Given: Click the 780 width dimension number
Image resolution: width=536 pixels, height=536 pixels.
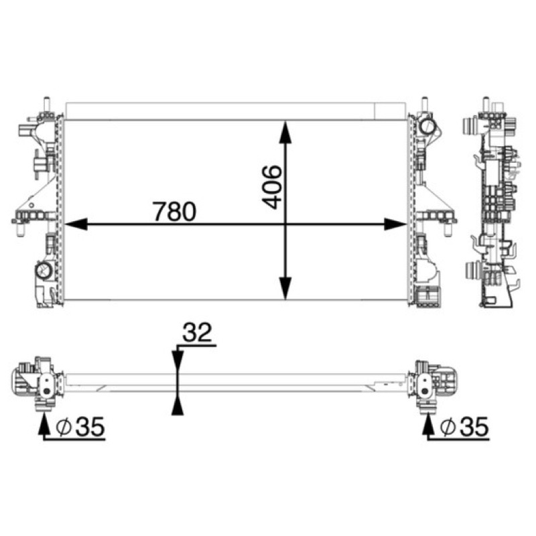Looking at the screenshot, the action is coord(174,212).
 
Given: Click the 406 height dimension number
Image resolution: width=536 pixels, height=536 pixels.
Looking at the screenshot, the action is coord(272,187).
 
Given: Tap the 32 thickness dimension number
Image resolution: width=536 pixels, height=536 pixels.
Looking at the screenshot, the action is coord(197,332).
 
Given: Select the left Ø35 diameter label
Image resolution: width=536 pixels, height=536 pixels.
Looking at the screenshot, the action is coord(80,427).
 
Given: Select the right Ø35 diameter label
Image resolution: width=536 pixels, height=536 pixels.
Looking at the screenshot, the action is coord(464,427).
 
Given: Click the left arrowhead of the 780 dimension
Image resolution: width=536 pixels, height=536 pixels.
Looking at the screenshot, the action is coord(76,224).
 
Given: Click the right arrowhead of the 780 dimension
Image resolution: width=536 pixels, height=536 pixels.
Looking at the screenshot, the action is coord(396,224).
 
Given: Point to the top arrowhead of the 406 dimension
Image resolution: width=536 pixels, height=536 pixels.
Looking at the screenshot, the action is coord(285,131).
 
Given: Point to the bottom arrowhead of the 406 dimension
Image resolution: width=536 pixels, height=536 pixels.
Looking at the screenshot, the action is coord(285,289).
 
